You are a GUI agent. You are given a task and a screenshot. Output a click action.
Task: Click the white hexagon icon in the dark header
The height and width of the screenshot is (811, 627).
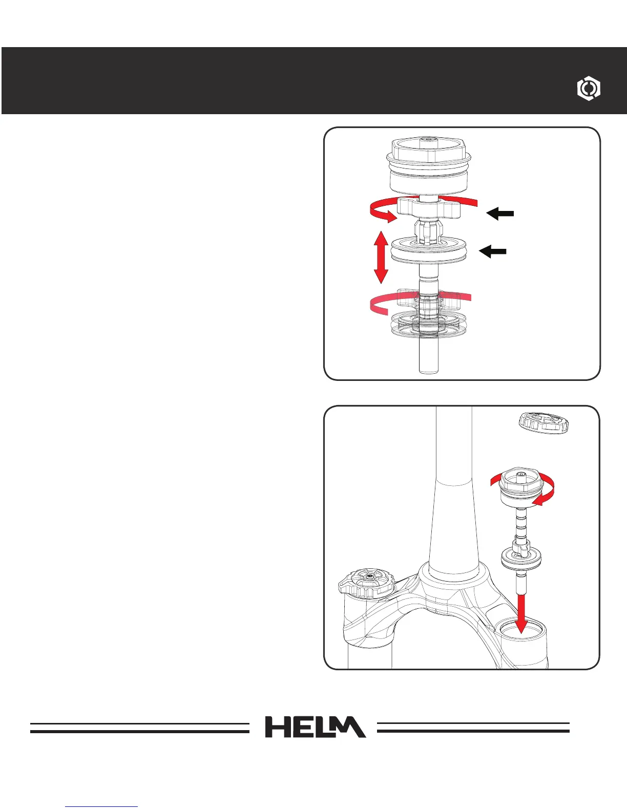(589, 89)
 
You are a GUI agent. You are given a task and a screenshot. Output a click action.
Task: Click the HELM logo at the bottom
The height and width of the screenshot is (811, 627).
(315, 727)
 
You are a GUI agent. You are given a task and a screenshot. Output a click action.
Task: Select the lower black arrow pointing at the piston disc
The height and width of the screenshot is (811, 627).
(493, 251)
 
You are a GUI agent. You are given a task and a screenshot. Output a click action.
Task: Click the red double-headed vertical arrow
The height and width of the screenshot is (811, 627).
(380, 257)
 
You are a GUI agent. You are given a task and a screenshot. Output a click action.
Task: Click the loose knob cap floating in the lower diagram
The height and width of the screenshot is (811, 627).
(544, 422)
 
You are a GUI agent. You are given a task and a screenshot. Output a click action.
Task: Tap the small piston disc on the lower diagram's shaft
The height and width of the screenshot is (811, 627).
(521, 558)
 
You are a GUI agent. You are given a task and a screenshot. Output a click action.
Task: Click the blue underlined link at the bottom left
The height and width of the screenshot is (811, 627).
(101, 806)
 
